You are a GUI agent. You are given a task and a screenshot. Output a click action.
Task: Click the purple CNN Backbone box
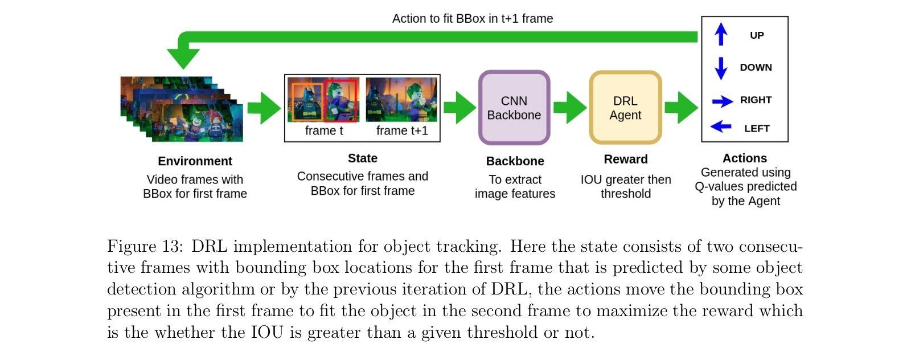click(514, 108)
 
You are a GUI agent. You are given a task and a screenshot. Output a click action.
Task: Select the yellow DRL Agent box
click(625, 108)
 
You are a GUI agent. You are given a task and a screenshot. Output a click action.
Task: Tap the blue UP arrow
click(721, 34)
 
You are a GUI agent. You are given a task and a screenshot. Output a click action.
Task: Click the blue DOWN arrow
click(721, 68)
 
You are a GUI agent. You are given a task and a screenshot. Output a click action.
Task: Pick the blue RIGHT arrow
click(722, 101)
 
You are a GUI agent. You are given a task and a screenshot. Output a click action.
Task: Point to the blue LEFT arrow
click(721, 126)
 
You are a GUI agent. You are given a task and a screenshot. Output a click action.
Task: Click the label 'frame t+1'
click(402, 130)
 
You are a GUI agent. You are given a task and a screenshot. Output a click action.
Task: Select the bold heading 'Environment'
click(195, 161)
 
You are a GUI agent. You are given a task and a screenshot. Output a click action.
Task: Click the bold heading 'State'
click(363, 158)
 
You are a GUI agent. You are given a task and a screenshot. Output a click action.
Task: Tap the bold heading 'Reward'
click(626, 159)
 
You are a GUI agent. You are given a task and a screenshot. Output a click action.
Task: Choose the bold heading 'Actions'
click(745, 158)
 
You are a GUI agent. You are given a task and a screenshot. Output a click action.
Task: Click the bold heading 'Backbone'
click(515, 161)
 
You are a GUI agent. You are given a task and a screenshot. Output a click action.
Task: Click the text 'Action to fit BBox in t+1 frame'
click(473, 19)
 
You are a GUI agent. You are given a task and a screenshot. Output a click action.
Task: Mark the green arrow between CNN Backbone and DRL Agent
click(569, 108)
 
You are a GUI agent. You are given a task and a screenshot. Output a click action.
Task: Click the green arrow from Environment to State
click(264, 108)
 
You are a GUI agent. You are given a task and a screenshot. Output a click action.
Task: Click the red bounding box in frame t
click(340, 100)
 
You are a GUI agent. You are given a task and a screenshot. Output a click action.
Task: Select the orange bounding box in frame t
click(306, 100)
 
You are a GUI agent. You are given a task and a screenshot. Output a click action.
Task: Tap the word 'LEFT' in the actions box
click(757, 129)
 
